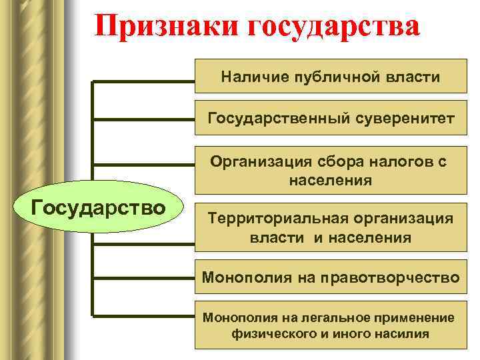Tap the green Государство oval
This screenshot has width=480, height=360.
click(x=99, y=207)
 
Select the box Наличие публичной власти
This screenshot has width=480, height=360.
click(x=331, y=77)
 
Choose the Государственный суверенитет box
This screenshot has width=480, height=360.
click(x=331, y=119)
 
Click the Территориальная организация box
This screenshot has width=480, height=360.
click(x=331, y=227)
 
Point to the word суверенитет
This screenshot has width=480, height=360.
click(x=408, y=119)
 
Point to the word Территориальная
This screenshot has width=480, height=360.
click(x=272, y=218)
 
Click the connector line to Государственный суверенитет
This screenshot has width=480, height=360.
click(x=143, y=119)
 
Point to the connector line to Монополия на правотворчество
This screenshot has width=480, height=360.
click(x=143, y=277)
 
